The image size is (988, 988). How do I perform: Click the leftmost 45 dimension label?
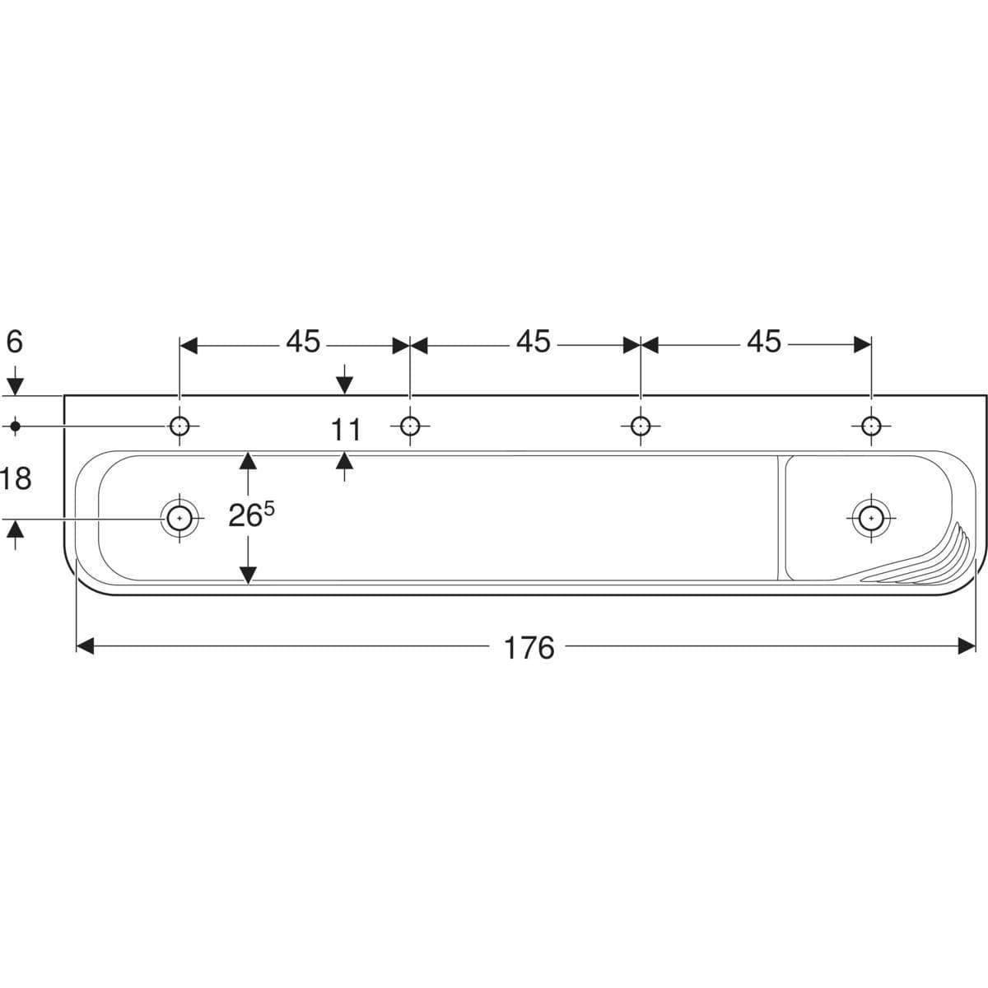click(303, 342)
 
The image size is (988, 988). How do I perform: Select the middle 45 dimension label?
click(534, 342)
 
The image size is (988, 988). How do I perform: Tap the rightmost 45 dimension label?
click(764, 342)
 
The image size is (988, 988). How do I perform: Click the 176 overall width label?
click(529, 648)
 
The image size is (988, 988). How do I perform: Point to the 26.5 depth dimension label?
click(251, 515)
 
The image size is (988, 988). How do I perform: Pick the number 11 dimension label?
click(346, 430)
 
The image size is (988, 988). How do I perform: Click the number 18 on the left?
click(16, 479)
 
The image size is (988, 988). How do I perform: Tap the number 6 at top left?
click(14, 342)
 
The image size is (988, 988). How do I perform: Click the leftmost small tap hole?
click(179, 426)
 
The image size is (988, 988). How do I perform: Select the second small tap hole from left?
click(410, 426)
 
